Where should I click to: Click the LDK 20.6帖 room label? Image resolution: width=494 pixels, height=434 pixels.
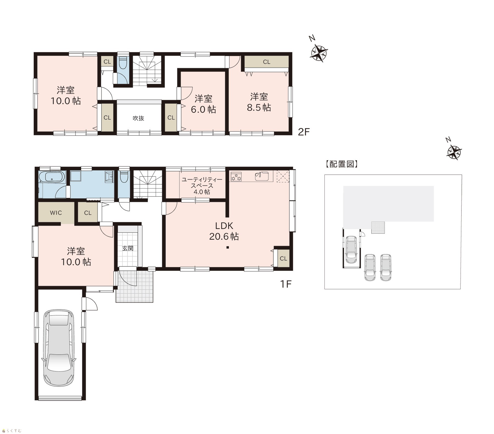(x=224, y=231)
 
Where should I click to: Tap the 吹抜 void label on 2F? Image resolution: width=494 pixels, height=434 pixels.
(x=138, y=118)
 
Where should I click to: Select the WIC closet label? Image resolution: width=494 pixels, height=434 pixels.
(x=56, y=213)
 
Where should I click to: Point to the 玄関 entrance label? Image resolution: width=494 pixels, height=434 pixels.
(x=128, y=248)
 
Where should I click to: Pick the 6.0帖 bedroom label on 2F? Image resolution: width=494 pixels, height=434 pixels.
(x=203, y=104)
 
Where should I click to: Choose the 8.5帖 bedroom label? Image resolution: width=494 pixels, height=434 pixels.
(x=259, y=102)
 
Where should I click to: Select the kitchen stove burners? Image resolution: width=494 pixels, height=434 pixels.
(x=236, y=176)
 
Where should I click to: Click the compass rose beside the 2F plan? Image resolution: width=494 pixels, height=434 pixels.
(x=319, y=52)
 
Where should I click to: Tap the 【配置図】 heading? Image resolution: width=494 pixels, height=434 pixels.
(x=342, y=164)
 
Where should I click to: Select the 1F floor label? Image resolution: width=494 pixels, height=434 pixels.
(x=285, y=284)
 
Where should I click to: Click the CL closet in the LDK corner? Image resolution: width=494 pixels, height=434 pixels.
(x=284, y=258)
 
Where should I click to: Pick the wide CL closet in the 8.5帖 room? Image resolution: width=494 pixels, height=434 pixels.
(x=266, y=62)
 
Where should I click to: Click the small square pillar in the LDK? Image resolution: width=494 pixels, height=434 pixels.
(x=228, y=248)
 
